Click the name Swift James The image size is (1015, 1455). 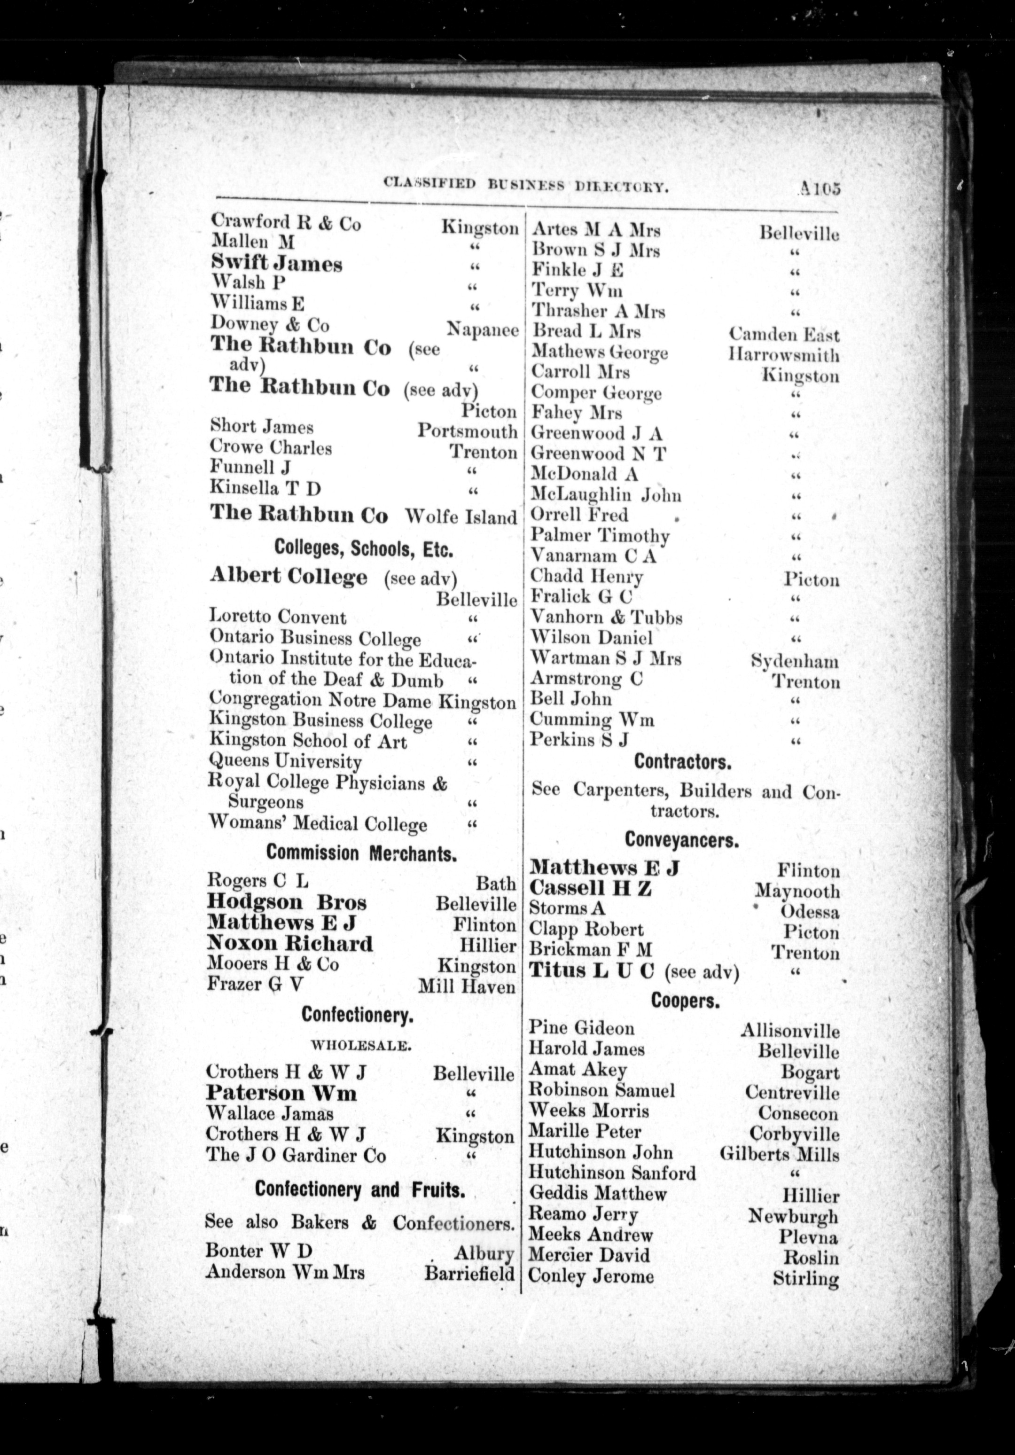point(276,263)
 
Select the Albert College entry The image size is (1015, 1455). point(288,577)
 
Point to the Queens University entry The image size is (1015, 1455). point(285,761)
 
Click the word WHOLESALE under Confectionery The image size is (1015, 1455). point(360,1046)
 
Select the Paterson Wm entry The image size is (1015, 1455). point(281,1093)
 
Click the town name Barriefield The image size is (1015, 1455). point(469,1273)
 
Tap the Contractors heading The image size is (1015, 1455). point(683,762)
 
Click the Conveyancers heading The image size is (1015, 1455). point(682,840)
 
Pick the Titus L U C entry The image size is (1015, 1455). point(591,971)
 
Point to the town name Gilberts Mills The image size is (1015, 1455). point(779,1154)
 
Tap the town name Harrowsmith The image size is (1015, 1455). point(784,355)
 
